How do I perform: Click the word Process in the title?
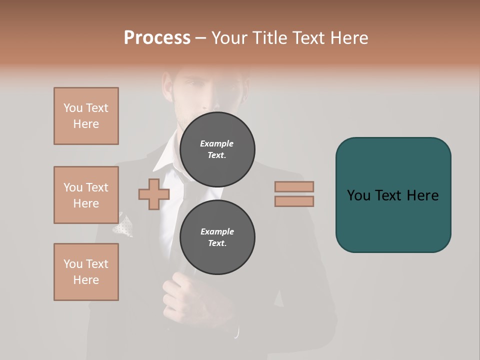coord(157,38)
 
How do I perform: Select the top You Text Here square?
coord(86,116)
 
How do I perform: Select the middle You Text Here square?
coord(86,195)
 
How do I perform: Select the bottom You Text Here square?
coord(86,272)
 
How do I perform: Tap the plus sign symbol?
coord(153,194)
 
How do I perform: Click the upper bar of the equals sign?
coord(294,186)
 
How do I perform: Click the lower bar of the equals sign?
coord(294,201)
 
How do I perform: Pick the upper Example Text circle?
coord(217,149)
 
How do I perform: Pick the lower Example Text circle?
coord(217,237)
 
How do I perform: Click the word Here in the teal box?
coord(422,195)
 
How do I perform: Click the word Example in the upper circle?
coord(216,143)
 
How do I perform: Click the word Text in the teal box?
coord(389,195)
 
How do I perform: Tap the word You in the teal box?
coord(359,195)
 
